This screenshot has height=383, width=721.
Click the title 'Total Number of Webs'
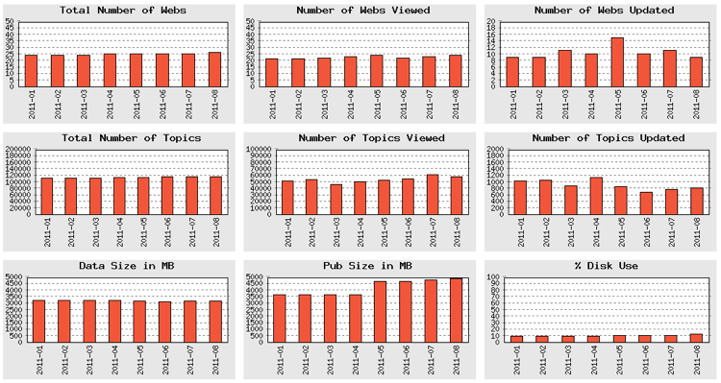pos(123,10)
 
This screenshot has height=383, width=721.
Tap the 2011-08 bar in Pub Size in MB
pos(457,309)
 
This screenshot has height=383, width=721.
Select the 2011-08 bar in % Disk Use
pos(696,337)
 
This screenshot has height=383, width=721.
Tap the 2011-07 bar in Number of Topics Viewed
pos(432,195)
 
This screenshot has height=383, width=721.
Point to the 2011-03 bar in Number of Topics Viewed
pos(336,200)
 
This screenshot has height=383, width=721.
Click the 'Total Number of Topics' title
pos(123,138)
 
